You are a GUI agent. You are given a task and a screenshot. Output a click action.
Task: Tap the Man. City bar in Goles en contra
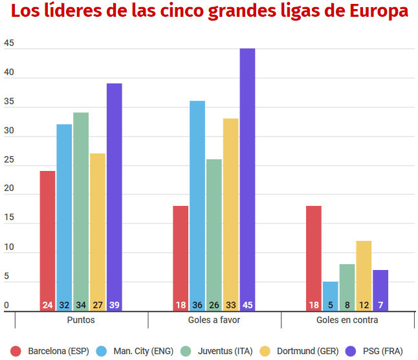tap(331, 295)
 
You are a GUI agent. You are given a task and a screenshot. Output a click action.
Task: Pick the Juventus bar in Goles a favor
tap(214, 233)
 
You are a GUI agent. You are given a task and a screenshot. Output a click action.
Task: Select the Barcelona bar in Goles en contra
tap(314, 256)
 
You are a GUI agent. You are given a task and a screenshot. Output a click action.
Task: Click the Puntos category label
tap(81, 321)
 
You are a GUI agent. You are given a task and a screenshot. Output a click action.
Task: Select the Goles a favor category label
tap(214, 321)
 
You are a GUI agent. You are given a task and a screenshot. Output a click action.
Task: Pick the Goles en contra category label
tap(347, 321)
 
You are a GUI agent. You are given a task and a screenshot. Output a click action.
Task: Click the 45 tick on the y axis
tap(9, 44)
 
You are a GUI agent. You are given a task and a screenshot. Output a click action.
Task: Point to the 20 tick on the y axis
tap(9, 189)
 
